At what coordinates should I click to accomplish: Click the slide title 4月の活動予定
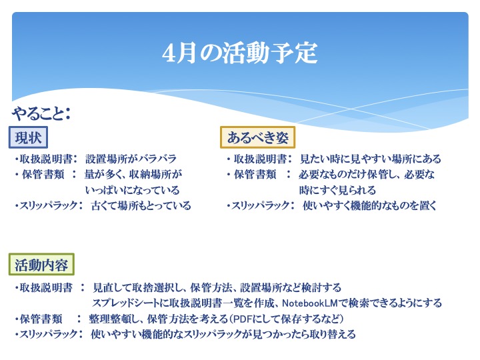pos(240,53)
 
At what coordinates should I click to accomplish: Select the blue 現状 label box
pos(28,137)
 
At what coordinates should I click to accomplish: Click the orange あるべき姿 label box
pos(257,137)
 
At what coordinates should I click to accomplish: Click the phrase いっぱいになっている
pos(132,190)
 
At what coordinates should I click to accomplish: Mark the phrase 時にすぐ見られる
pos(337,190)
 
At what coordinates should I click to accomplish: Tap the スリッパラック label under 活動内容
pos(46,334)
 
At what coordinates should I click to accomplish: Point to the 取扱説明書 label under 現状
pos(46,159)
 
